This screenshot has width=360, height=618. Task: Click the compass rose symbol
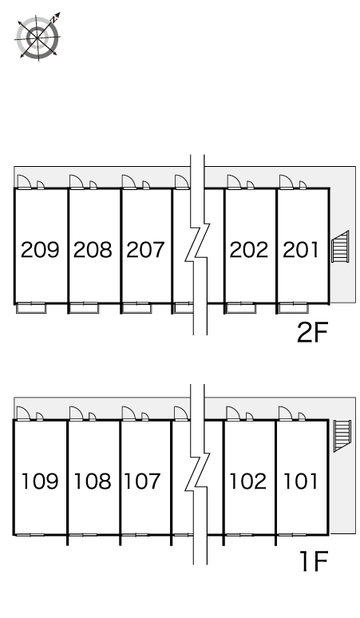click(x=38, y=37)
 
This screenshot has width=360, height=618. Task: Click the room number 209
click(x=40, y=250)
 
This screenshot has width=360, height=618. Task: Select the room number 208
click(x=93, y=250)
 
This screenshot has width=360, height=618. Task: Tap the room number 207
click(x=145, y=250)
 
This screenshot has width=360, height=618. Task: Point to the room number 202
click(x=249, y=250)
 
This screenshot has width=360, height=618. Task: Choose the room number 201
click(x=300, y=250)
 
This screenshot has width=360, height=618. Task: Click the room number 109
click(x=40, y=481)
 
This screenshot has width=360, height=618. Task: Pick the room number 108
click(x=93, y=481)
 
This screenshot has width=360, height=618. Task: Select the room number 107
click(x=142, y=481)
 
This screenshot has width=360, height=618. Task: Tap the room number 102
click(x=248, y=481)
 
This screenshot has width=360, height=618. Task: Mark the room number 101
click(x=300, y=481)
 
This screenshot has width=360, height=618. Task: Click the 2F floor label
click(x=312, y=332)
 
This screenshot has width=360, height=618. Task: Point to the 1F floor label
click(x=314, y=561)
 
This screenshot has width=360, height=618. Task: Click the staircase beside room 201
click(x=340, y=247)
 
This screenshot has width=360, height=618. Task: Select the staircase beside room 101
click(x=342, y=435)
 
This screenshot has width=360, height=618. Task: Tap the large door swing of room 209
click(x=25, y=182)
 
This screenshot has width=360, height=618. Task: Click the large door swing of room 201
click(x=287, y=182)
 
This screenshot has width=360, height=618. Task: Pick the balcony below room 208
click(x=84, y=308)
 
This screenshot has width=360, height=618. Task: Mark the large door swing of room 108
click(x=77, y=414)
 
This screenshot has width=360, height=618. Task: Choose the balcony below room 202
click(x=241, y=308)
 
